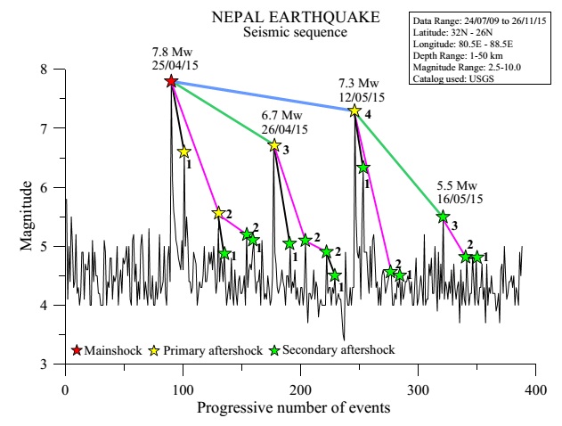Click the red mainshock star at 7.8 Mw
(x=171, y=81)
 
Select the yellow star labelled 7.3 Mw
(x=354, y=111)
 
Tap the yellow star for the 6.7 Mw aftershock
(x=274, y=145)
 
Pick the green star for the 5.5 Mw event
(x=443, y=216)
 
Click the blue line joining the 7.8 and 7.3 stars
(x=263, y=95)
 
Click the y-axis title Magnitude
(x=28, y=217)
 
